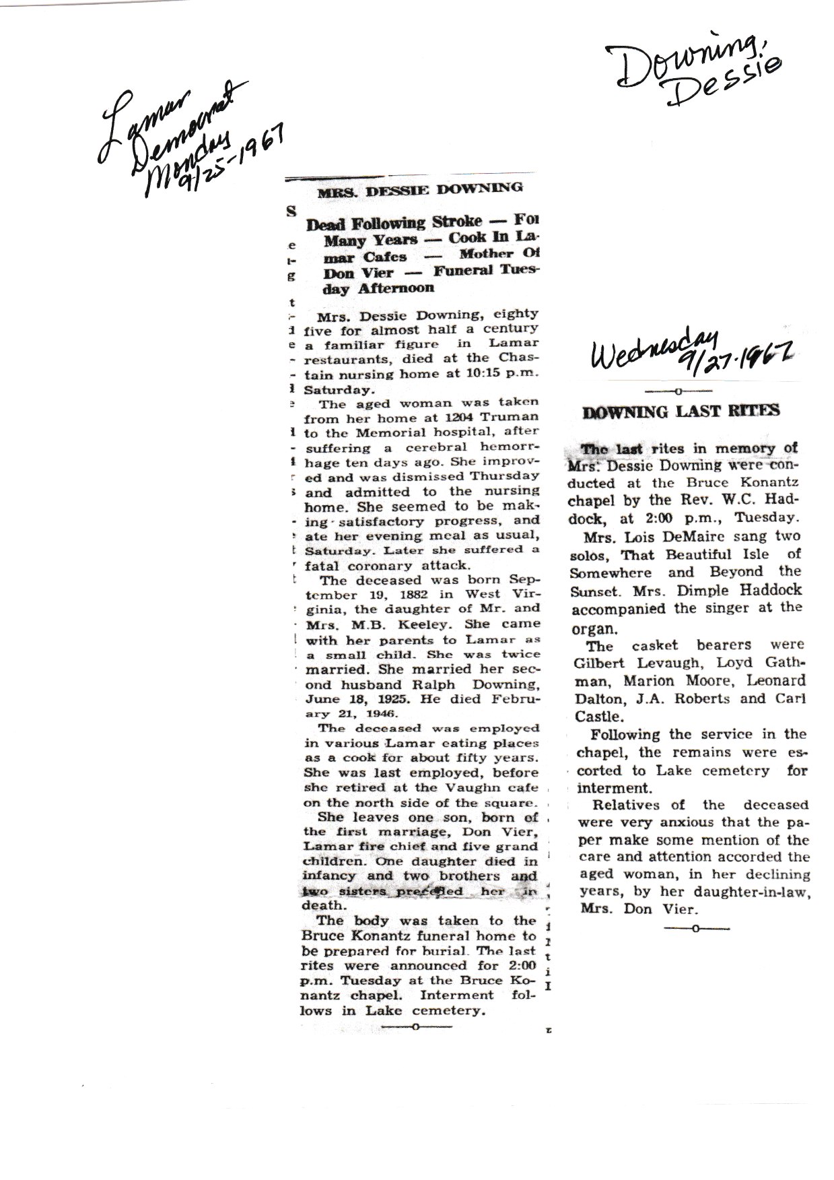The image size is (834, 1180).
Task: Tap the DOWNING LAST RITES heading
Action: (681, 411)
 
